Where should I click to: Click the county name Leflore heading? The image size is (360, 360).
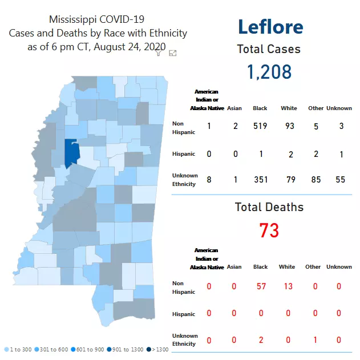pyautogui.click(x=270, y=27)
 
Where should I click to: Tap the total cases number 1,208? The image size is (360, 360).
pyautogui.click(x=269, y=72)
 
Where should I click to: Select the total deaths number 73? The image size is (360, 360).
pyautogui.click(x=269, y=231)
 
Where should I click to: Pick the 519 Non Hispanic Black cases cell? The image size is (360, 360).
pyautogui.click(x=260, y=126)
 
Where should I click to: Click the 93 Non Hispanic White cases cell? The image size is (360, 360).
pyautogui.click(x=289, y=126)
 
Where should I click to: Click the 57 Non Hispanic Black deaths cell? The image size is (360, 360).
pyautogui.click(x=261, y=286)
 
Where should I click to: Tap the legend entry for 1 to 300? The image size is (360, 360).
pyautogui.click(x=18, y=349)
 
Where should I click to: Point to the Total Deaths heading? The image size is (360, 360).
pyautogui.click(x=269, y=208)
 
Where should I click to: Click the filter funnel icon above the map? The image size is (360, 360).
pyautogui.click(x=159, y=53)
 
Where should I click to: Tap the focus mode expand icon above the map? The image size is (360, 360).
pyautogui.click(x=173, y=53)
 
